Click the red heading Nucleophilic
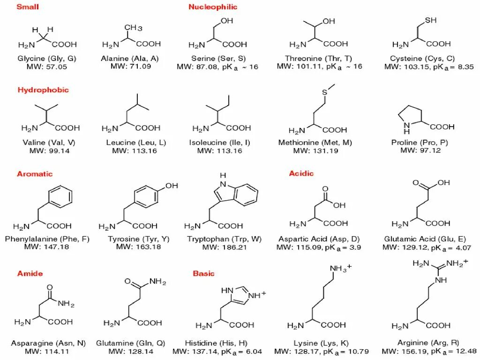[213, 7]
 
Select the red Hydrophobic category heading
[43, 90]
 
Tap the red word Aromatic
[35, 174]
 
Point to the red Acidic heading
[301, 173]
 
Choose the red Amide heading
[30, 273]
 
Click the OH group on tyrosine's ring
[172, 186]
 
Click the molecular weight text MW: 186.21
[223, 247]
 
